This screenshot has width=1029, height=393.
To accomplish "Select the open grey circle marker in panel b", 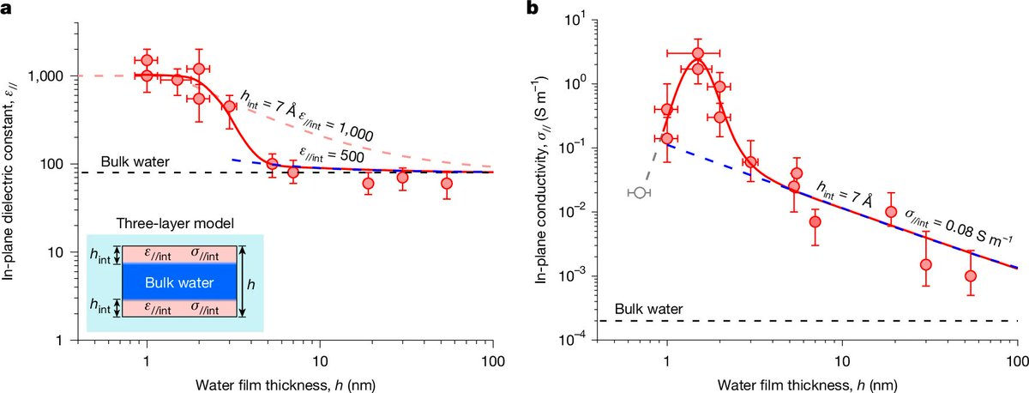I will pyautogui.click(x=639, y=193).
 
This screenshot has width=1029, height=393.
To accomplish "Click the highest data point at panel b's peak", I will pyautogui.click(x=698, y=53).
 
